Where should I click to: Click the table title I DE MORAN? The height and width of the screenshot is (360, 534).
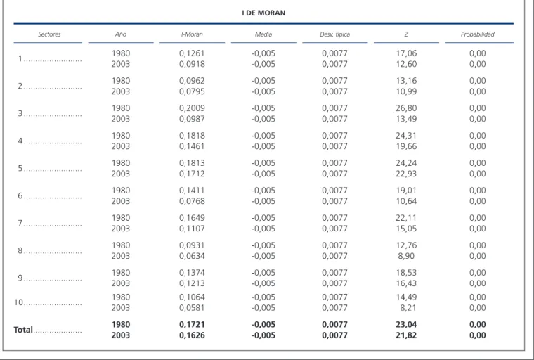point(263,13)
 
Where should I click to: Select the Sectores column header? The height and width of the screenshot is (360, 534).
point(49,34)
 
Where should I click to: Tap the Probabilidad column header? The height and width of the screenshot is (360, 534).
point(478,34)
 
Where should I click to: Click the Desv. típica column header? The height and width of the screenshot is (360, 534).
point(334,34)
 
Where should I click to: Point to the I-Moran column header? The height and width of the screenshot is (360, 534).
point(192,34)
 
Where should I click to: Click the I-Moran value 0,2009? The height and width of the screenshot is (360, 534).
point(192,108)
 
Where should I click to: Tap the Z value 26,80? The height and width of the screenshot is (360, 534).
point(406,108)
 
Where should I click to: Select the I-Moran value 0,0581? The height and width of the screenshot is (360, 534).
point(192,308)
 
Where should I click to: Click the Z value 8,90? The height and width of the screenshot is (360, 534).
point(406,256)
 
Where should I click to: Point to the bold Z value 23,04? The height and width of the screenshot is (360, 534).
point(406,325)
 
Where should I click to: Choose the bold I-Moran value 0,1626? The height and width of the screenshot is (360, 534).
point(192,335)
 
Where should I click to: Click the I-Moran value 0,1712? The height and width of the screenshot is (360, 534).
point(192,174)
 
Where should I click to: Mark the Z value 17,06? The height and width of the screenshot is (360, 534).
point(406,53)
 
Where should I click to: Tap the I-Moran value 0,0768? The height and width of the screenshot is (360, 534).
point(192,201)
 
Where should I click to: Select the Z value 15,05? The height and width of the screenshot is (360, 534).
point(406,229)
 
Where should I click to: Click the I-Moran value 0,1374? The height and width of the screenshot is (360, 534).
point(192,273)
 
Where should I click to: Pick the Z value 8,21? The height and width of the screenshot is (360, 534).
point(408,308)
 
